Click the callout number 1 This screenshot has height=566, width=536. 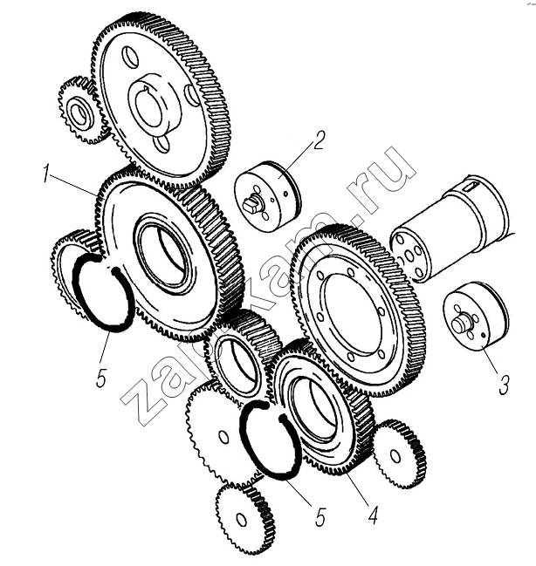tap(46, 173)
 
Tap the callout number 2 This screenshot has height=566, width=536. tap(319, 140)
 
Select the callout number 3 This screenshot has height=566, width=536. tap(504, 385)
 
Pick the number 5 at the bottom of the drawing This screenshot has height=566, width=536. tap(320, 518)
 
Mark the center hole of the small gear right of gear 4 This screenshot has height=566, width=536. tap(395, 456)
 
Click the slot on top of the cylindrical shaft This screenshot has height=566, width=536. tap(471, 187)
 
